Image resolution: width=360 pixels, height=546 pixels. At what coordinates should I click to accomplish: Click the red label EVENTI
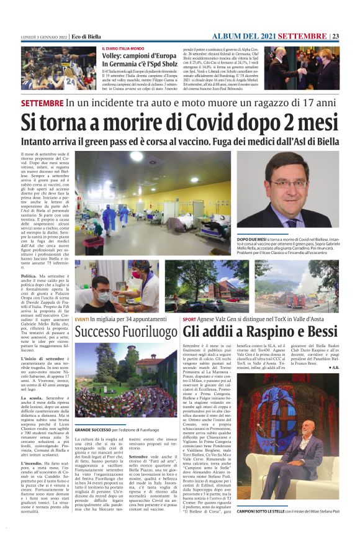coord(82,319)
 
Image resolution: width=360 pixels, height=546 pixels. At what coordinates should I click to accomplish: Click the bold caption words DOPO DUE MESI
coord(253,239)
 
